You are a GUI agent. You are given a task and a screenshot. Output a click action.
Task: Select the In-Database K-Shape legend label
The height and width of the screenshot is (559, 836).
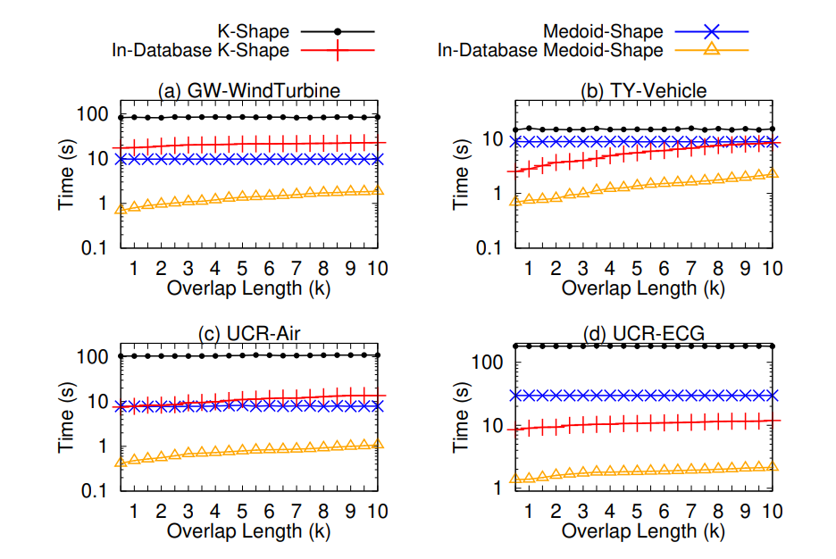pos(200,51)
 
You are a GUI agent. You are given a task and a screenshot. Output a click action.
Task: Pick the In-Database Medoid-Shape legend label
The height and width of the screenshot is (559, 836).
pos(550,51)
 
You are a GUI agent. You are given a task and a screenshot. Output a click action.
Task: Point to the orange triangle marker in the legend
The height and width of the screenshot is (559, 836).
pos(713,51)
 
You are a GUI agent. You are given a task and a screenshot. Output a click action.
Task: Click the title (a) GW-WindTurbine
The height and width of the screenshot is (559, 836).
pos(248,91)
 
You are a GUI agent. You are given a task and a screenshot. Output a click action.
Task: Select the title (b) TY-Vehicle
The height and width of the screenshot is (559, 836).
pos(643,91)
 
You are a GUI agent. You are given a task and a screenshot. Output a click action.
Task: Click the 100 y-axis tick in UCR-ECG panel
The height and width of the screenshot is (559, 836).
pos(489,363)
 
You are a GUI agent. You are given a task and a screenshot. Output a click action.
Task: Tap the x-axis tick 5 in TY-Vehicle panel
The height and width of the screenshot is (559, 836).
pos(637,267)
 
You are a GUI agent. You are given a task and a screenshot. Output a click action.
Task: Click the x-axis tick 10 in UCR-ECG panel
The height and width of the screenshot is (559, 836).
pos(772,511)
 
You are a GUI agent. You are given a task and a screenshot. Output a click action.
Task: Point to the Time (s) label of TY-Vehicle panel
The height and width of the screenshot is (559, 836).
pos(461,176)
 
